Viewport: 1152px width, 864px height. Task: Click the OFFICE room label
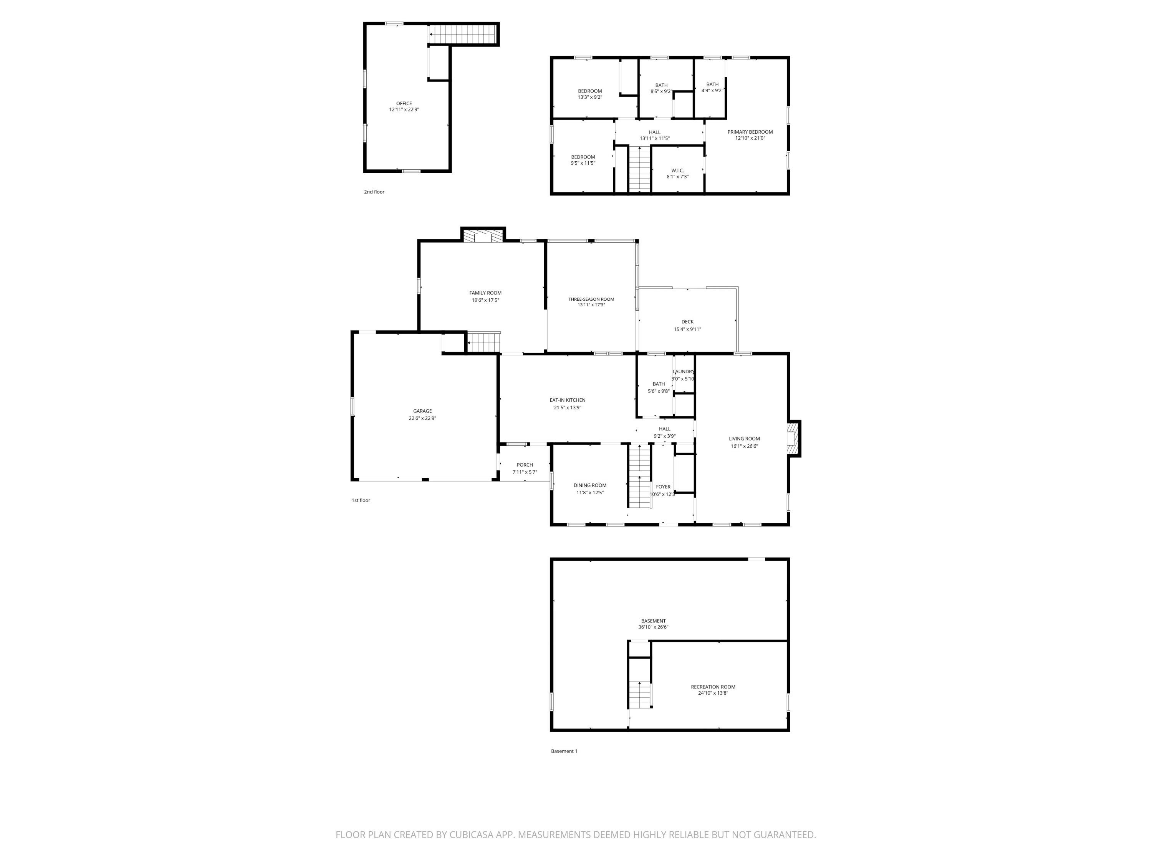[404, 104]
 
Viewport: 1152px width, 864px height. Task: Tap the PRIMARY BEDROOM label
[750, 132]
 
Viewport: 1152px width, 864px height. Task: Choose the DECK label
[687, 322]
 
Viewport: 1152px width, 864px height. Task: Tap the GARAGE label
[422, 411]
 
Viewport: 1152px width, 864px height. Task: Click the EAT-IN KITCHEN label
[568, 401]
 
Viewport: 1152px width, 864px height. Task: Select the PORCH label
[525, 465]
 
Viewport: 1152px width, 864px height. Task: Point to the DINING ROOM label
[590, 485]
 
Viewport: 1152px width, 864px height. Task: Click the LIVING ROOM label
[744, 439]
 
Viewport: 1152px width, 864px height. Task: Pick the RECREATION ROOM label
[713, 687]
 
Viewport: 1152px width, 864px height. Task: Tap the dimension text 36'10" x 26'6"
[653, 627]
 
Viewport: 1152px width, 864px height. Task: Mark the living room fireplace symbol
[792, 439]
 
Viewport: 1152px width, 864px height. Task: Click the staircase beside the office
[462, 35]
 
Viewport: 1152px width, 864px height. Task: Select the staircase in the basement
[639, 694]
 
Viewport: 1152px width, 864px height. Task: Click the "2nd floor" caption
[374, 192]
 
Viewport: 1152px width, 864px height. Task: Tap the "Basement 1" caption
[564, 751]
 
